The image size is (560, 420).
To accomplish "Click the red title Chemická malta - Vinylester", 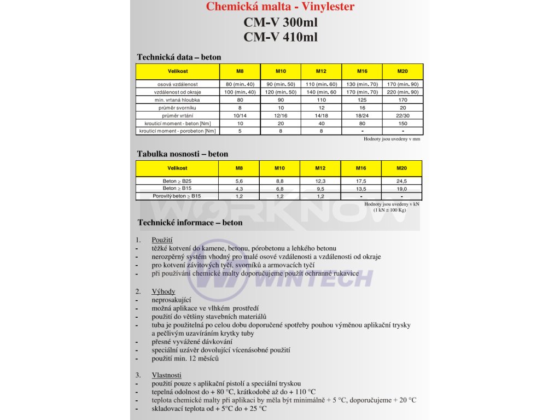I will click(280, 7).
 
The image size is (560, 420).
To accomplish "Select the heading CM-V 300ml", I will click(280, 23).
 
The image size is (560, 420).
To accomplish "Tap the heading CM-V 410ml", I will click(280, 37).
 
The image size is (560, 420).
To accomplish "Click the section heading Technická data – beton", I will click(179, 57).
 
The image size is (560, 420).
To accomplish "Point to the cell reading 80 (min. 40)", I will click(240, 84).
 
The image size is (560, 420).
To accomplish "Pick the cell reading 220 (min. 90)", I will click(402, 92).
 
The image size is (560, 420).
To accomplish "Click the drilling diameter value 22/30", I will click(402, 115).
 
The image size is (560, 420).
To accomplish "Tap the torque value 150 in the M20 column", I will click(402, 124).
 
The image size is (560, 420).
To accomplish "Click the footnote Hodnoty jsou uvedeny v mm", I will click(392, 139).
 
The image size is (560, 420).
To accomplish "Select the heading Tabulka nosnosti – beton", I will click(182, 154).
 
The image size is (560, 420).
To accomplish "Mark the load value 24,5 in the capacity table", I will click(401, 181).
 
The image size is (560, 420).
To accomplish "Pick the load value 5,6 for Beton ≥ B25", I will click(239, 181).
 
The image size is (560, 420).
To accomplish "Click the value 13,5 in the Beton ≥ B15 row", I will click(361, 189).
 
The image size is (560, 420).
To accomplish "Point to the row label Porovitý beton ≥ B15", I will click(177, 196).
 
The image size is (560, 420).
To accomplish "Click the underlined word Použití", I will click(162, 240).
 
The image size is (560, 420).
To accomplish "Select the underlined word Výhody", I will click(163, 291).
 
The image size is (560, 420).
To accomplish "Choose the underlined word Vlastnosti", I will click(166, 375).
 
